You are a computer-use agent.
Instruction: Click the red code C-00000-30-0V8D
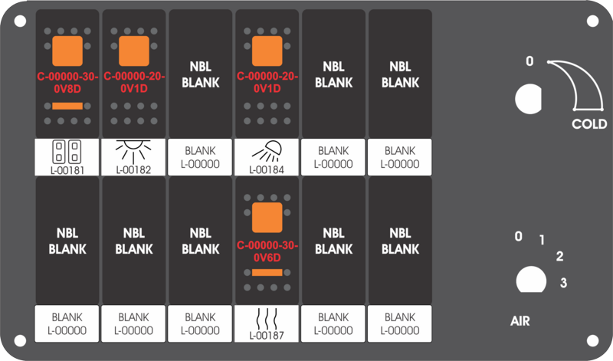click(67, 83)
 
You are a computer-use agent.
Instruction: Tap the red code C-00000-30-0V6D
click(267, 251)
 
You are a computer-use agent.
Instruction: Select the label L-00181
click(67, 170)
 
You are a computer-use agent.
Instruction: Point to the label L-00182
click(133, 169)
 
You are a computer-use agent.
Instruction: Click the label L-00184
click(267, 169)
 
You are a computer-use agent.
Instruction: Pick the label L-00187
click(267, 336)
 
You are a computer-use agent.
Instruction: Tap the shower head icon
click(267, 151)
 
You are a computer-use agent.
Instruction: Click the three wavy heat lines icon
click(267, 319)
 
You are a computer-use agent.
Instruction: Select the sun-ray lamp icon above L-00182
click(133, 151)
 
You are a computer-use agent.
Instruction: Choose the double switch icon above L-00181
click(67, 152)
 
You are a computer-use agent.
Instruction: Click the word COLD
click(589, 124)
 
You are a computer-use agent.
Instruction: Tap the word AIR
click(520, 321)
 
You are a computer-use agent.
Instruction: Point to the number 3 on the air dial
click(563, 282)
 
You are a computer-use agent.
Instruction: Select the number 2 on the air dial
click(560, 256)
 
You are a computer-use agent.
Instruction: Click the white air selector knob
click(531, 280)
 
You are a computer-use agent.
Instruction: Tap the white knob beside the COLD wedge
click(528, 99)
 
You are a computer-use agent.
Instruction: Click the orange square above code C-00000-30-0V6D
click(267, 218)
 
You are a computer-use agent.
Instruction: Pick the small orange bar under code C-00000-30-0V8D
click(67, 106)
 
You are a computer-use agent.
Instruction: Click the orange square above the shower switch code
click(267, 51)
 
